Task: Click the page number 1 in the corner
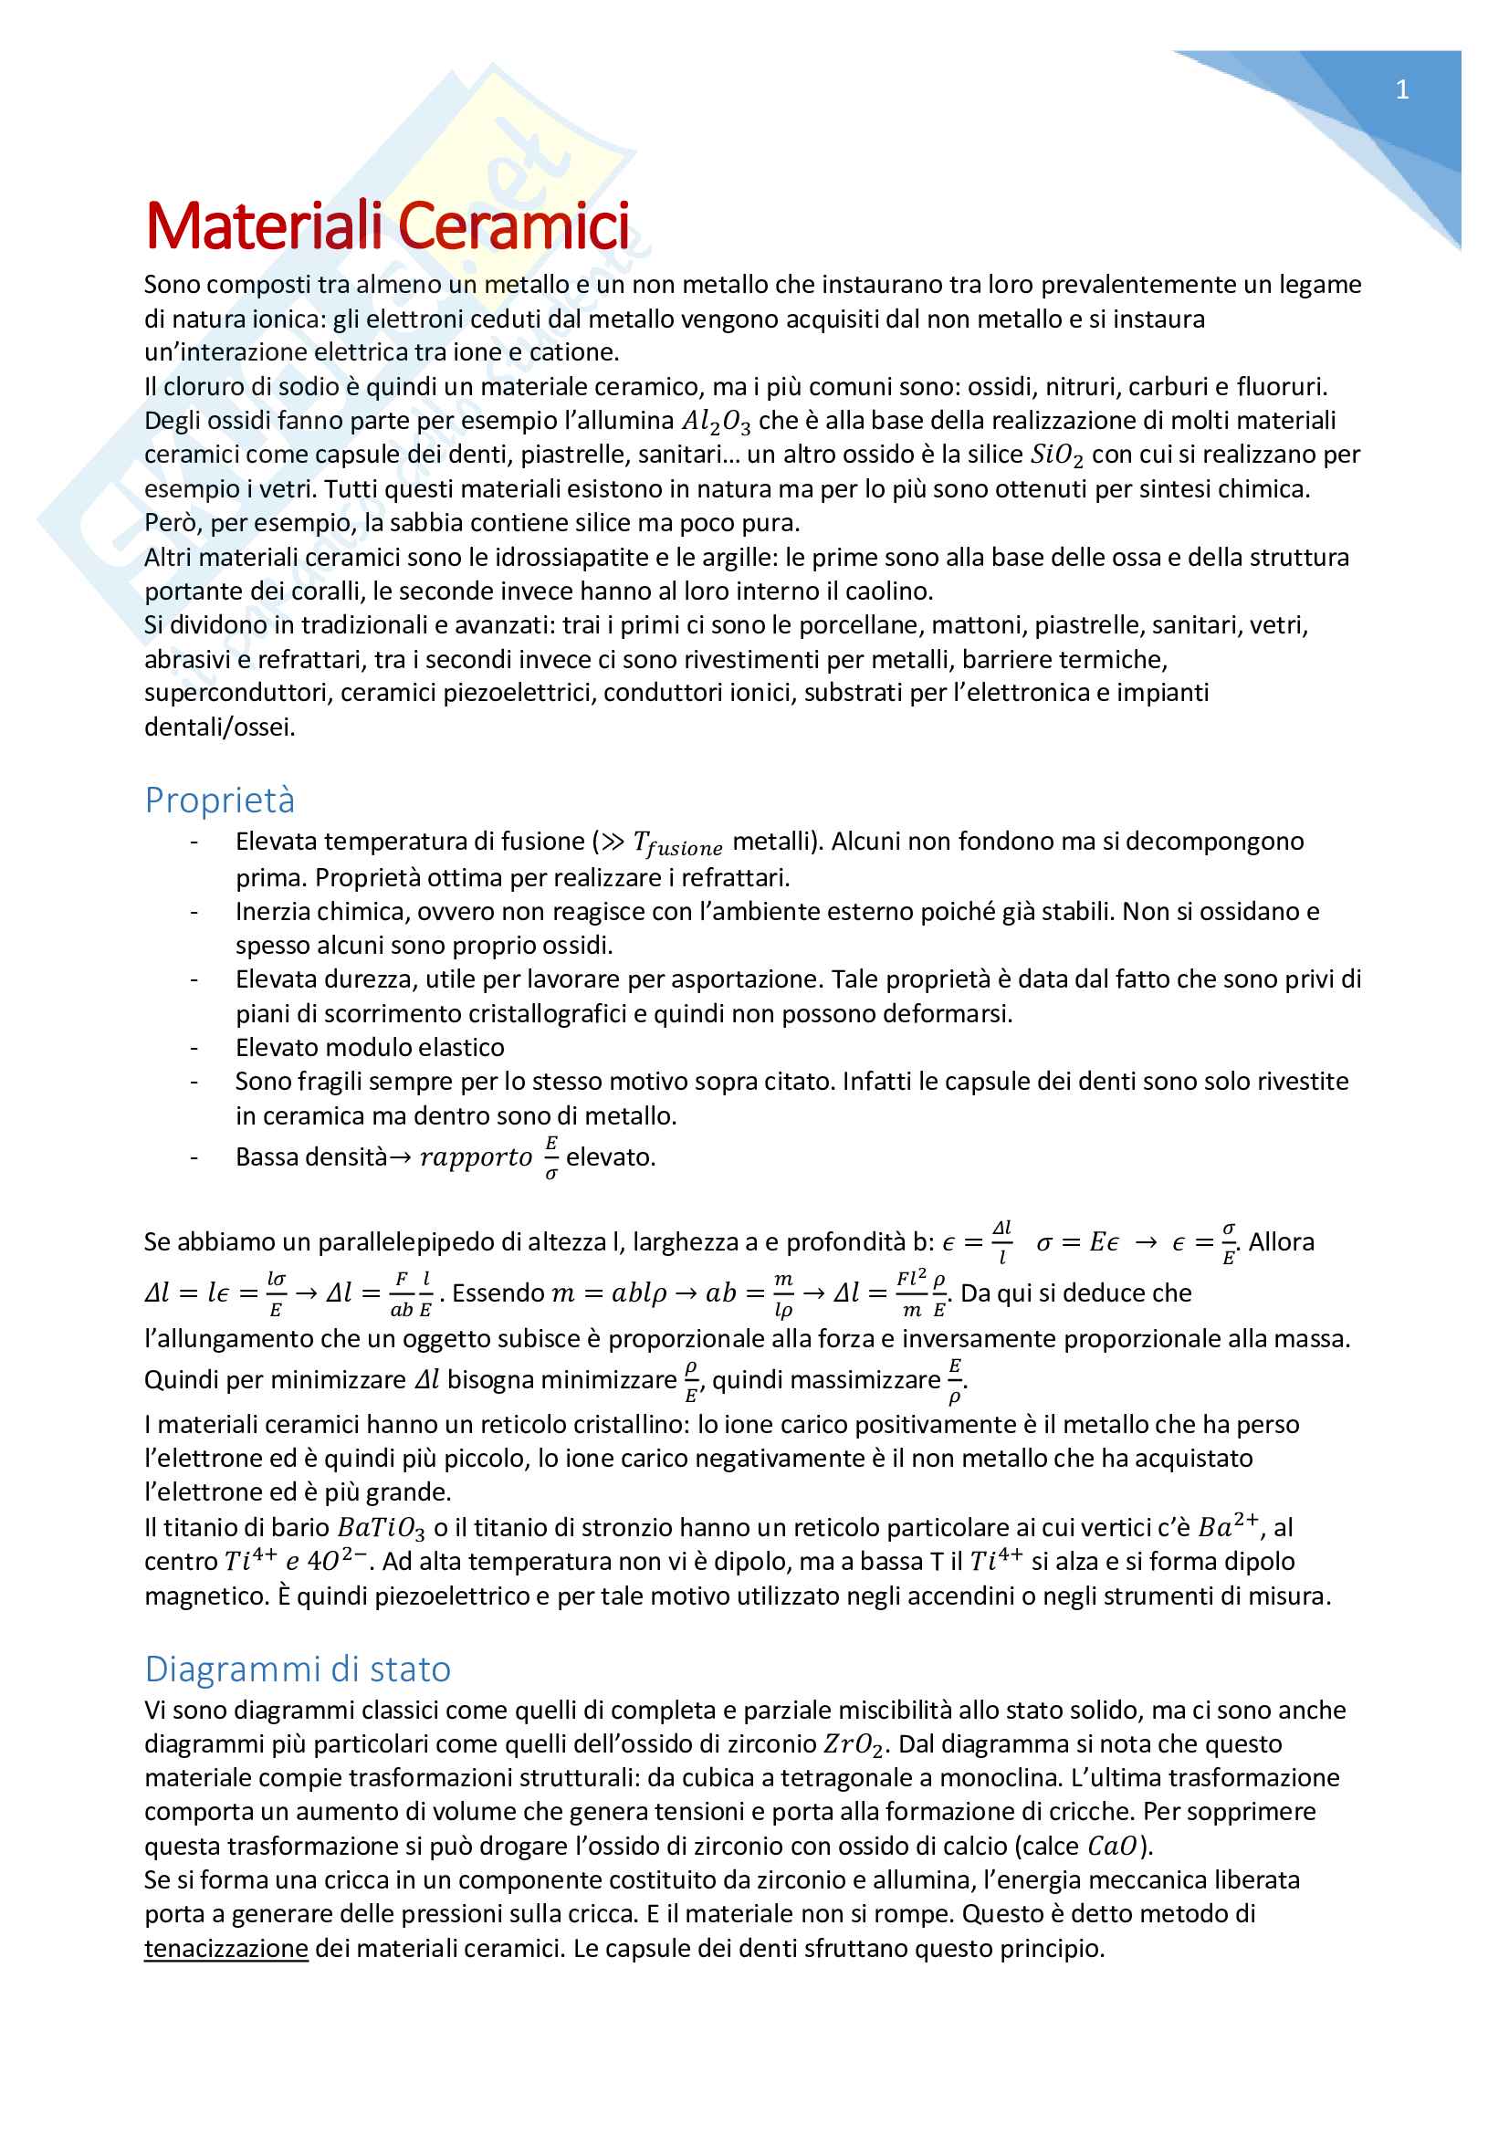click(x=1401, y=90)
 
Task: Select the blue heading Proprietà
click(x=219, y=801)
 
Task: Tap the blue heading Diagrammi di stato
click(x=298, y=1669)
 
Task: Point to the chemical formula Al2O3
click(x=715, y=423)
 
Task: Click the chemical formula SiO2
click(x=1056, y=455)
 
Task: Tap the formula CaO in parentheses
click(x=1112, y=1846)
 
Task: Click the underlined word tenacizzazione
click(x=225, y=1948)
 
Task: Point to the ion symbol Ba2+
click(x=1227, y=1526)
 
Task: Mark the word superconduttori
click(x=236, y=693)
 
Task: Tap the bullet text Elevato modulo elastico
click(x=369, y=1048)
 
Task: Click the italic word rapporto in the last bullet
click(x=475, y=1157)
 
